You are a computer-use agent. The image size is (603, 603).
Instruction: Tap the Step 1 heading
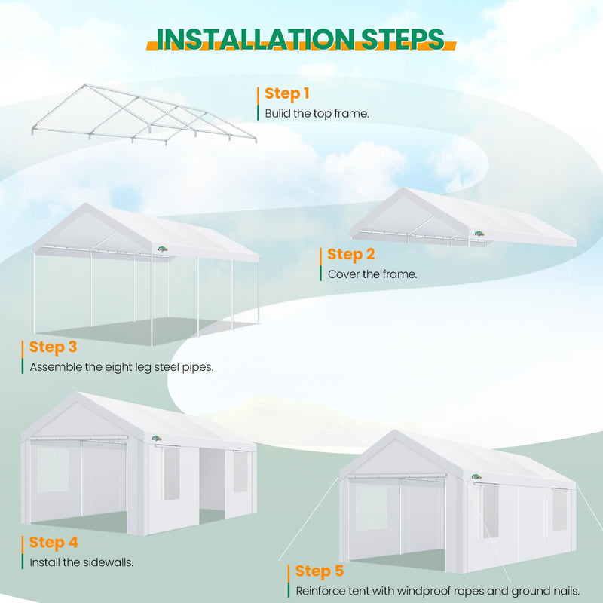[286, 94]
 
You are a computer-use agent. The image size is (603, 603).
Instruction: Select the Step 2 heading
[350, 255]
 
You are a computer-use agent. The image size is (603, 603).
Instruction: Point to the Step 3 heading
[53, 347]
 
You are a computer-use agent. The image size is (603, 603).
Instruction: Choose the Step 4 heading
[53, 543]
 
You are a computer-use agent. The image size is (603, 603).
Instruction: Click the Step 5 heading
[319, 571]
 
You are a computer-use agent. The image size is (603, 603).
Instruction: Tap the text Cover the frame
[372, 274]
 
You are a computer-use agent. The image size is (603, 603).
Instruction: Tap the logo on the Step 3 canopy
[163, 252]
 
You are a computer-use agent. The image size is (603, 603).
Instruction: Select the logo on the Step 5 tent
[476, 476]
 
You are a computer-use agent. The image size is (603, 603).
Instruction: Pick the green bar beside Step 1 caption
[258, 114]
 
